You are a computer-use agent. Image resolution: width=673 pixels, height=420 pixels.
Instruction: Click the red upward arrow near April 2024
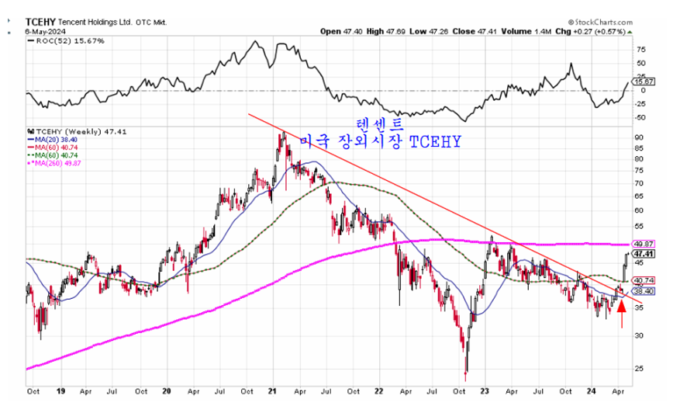pyautogui.click(x=622, y=313)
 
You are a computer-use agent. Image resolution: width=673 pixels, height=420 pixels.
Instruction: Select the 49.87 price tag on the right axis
pyautogui.click(x=644, y=244)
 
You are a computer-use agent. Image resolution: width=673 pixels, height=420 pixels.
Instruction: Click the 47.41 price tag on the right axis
pyautogui.click(x=644, y=254)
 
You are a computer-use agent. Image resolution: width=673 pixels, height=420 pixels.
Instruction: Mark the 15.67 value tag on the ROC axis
pyautogui.click(x=644, y=82)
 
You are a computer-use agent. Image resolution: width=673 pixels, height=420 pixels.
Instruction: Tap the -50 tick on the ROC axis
pyautogui.click(x=640, y=117)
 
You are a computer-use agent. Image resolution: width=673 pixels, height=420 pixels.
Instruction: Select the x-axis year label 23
pyautogui.click(x=484, y=391)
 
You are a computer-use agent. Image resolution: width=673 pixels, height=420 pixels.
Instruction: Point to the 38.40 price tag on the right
pyautogui.click(x=644, y=291)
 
